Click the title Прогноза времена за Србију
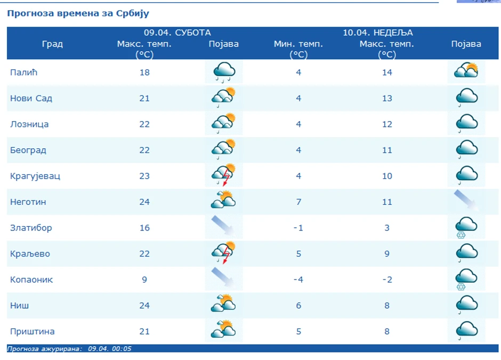pyautogui.click(x=78, y=13)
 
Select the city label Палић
pyautogui.click(x=23, y=72)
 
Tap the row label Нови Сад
pyautogui.click(x=31, y=98)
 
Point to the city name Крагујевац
pyautogui.click(x=35, y=176)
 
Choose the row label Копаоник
pyautogui.click(x=31, y=279)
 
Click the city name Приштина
pyautogui.click(x=33, y=331)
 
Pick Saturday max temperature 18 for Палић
pyautogui.click(x=144, y=72)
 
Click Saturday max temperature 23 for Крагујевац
pyautogui.click(x=144, y=176)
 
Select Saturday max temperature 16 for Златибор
pyautogui.click(x=144, y=228)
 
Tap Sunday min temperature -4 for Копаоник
pyautogui.click(x=298, y=279)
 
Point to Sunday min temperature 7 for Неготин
pyautogui.click(x=298, y=202)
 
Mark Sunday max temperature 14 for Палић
pyautogui.click(x=387, y=72)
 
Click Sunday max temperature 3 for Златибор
pyautogui.click(x=387, y=228)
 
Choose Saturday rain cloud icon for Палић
pyautogui.click(x=224, y=72)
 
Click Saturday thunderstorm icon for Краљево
pyautogui.click(x=224, y=253)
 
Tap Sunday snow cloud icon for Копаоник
pyautogui.click(x=466, y=279)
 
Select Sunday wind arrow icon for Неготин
pyautogui.click(x=466, y=201)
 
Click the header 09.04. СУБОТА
pyautogui.click(x=177, y=33)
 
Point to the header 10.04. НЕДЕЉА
pyautogui.click(x=377, y=33)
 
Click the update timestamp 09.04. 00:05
pyautogui.click(x=110, y=349)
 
